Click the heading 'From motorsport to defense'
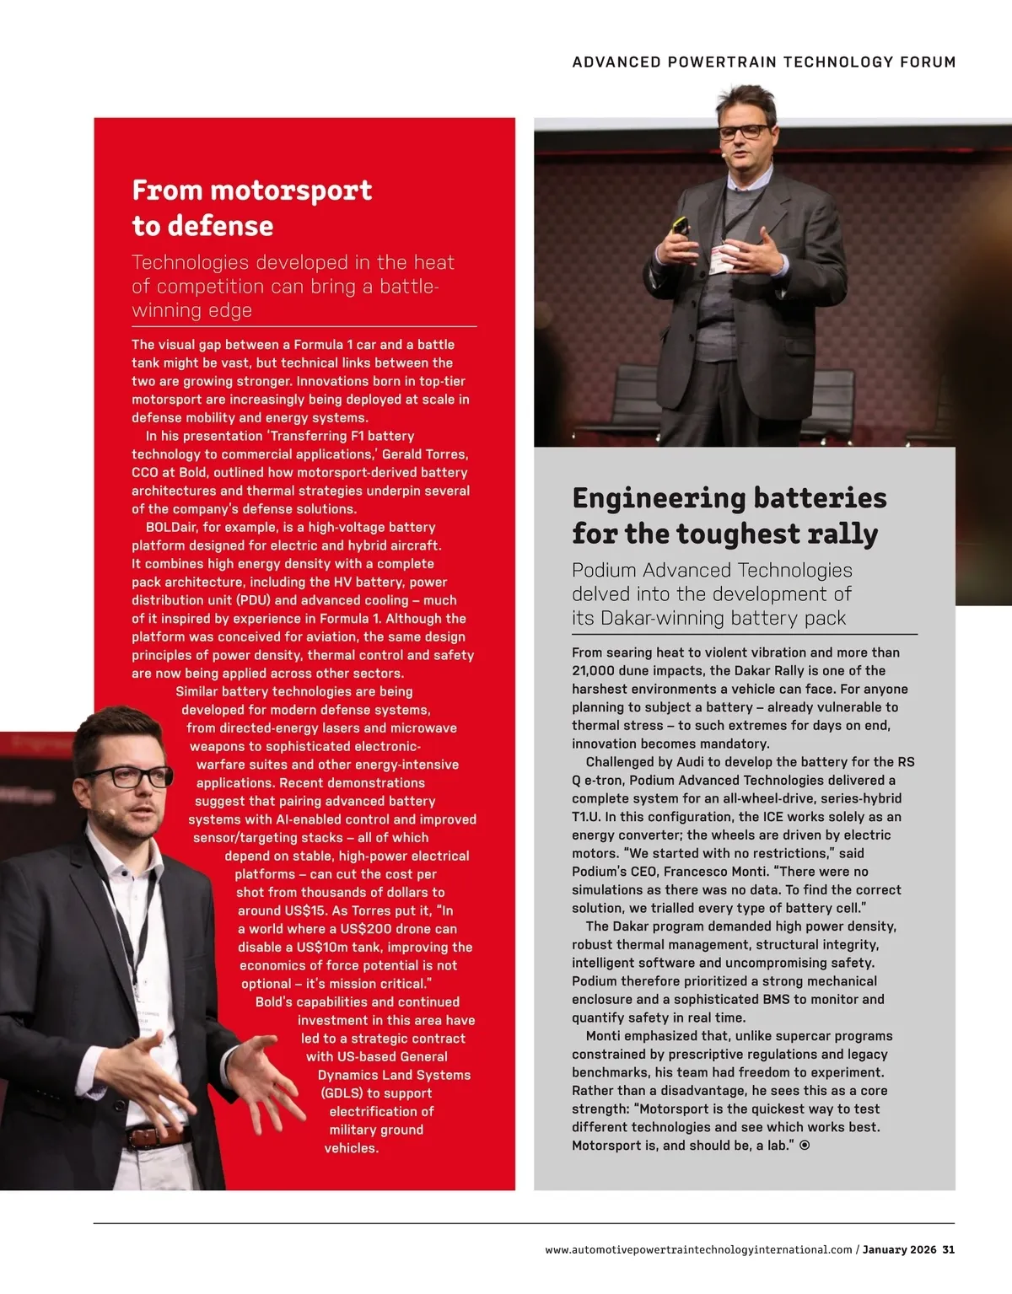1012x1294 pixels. [251, 207]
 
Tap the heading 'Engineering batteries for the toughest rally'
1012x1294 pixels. [729, 515]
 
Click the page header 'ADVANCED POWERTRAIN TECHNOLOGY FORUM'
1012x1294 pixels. [763, 62]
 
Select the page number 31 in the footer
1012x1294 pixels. [949, 1249]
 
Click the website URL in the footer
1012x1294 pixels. [698, 1249]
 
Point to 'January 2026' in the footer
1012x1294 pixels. [899, 1249]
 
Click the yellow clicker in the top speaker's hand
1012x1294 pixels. [680, 226]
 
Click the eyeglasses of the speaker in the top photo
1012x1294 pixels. [744, 132]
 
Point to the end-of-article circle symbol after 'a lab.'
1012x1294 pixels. [805, 1145]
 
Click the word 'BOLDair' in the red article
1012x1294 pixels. [171, 527]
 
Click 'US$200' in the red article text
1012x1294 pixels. [367, 928]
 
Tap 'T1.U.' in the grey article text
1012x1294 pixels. [588, 816]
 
